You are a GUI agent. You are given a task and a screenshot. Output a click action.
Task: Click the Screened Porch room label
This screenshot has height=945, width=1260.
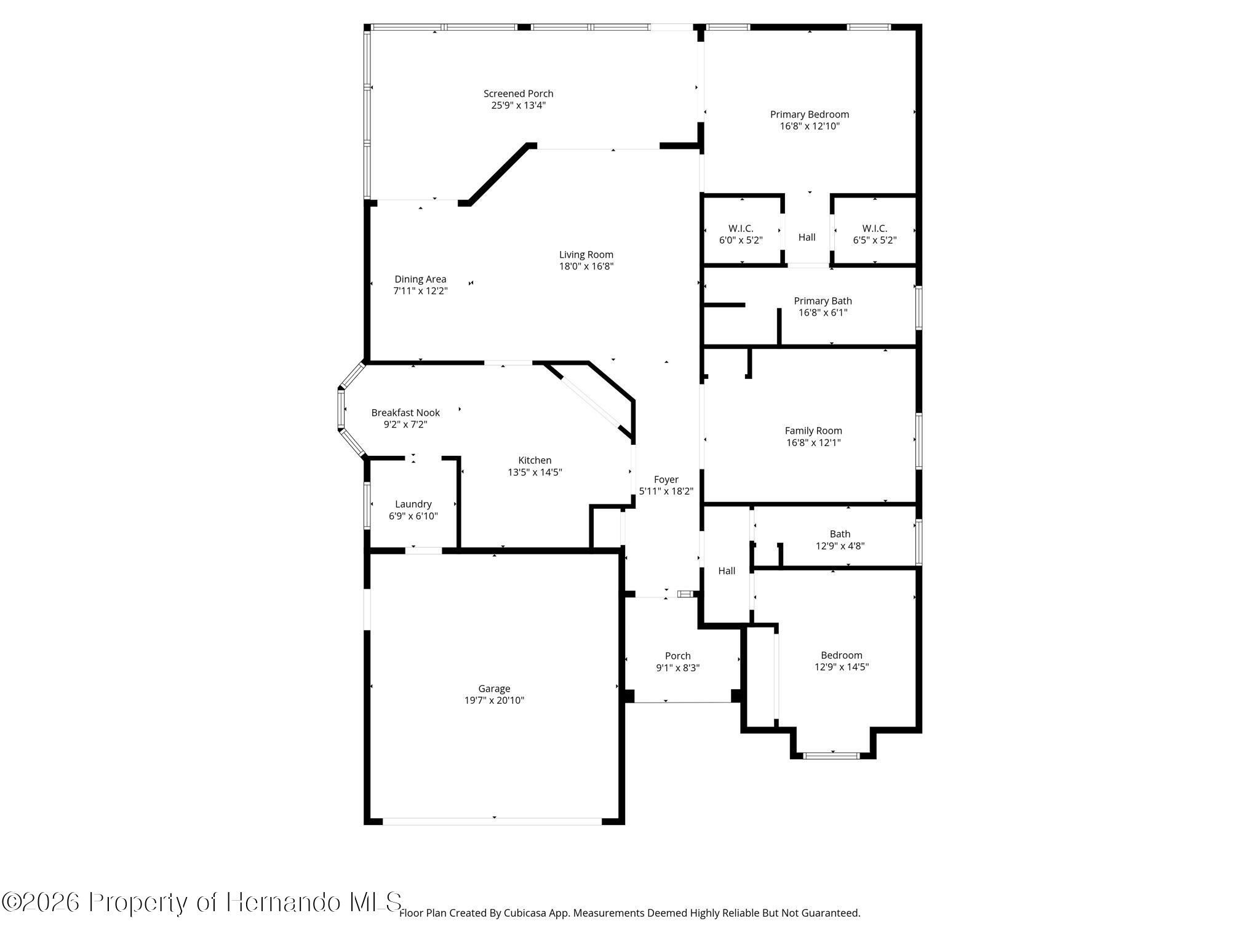518,94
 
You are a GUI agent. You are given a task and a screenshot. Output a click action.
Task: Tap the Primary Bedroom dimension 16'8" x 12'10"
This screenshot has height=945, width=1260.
810,126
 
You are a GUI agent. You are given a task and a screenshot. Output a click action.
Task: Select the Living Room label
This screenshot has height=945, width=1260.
586,255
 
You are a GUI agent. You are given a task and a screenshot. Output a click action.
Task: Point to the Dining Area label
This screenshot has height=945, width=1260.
420,279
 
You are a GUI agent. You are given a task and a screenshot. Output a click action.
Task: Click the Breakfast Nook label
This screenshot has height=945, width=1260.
405,413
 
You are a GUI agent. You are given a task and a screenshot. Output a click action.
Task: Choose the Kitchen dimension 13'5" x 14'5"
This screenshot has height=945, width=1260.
535,472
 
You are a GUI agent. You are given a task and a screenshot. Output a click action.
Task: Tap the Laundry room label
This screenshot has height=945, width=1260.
413,504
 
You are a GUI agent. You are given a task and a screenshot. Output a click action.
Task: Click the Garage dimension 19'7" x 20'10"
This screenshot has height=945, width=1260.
494,700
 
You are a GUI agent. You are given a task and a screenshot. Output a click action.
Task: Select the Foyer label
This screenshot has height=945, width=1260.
666,480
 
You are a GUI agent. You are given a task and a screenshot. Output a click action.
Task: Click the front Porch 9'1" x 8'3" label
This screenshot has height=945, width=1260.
677,662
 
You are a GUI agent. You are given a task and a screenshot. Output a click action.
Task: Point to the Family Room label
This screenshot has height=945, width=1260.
813,431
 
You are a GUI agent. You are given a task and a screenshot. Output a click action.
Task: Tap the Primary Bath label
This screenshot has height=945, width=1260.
823,301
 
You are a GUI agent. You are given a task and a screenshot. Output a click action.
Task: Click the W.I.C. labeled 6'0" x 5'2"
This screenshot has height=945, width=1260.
741,234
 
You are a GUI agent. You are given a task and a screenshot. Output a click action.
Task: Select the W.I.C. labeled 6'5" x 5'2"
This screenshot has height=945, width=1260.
874,234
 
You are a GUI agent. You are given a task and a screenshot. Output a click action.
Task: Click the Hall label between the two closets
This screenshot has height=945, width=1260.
807,237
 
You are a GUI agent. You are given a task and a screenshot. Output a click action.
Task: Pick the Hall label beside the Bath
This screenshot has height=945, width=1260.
727,571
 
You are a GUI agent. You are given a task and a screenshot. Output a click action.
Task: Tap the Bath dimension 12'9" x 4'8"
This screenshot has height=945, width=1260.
840,546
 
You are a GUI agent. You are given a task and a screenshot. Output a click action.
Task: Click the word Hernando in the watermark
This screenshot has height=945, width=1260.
283,903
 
